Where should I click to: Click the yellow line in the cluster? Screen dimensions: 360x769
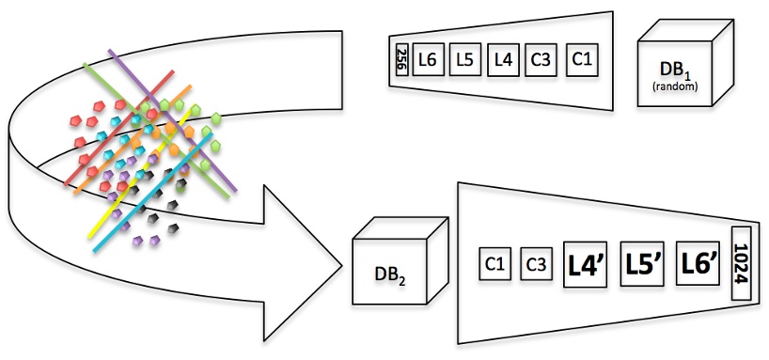(141, 174)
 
